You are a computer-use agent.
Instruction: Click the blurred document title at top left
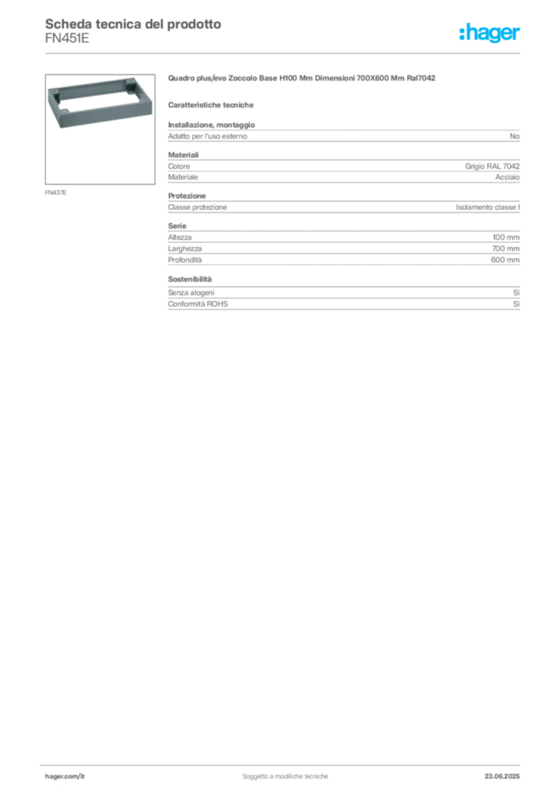pyautogui.click(x=131, y=24)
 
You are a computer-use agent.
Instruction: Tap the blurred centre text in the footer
pyautogui.click(x=286, y=773)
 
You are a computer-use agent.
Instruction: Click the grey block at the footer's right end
pyautogui.click(x=508, y=772)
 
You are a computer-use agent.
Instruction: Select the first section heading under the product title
pyautogui.click(x=213, y=104)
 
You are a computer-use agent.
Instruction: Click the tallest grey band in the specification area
pyautogui.click(x=343, y=247)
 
